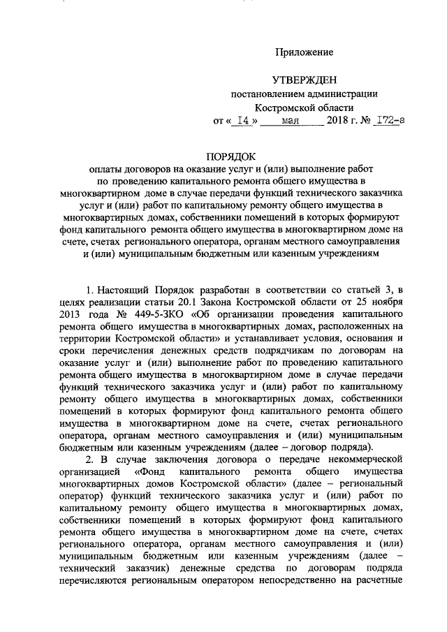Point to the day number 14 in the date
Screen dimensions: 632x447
[x=244, y=121]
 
